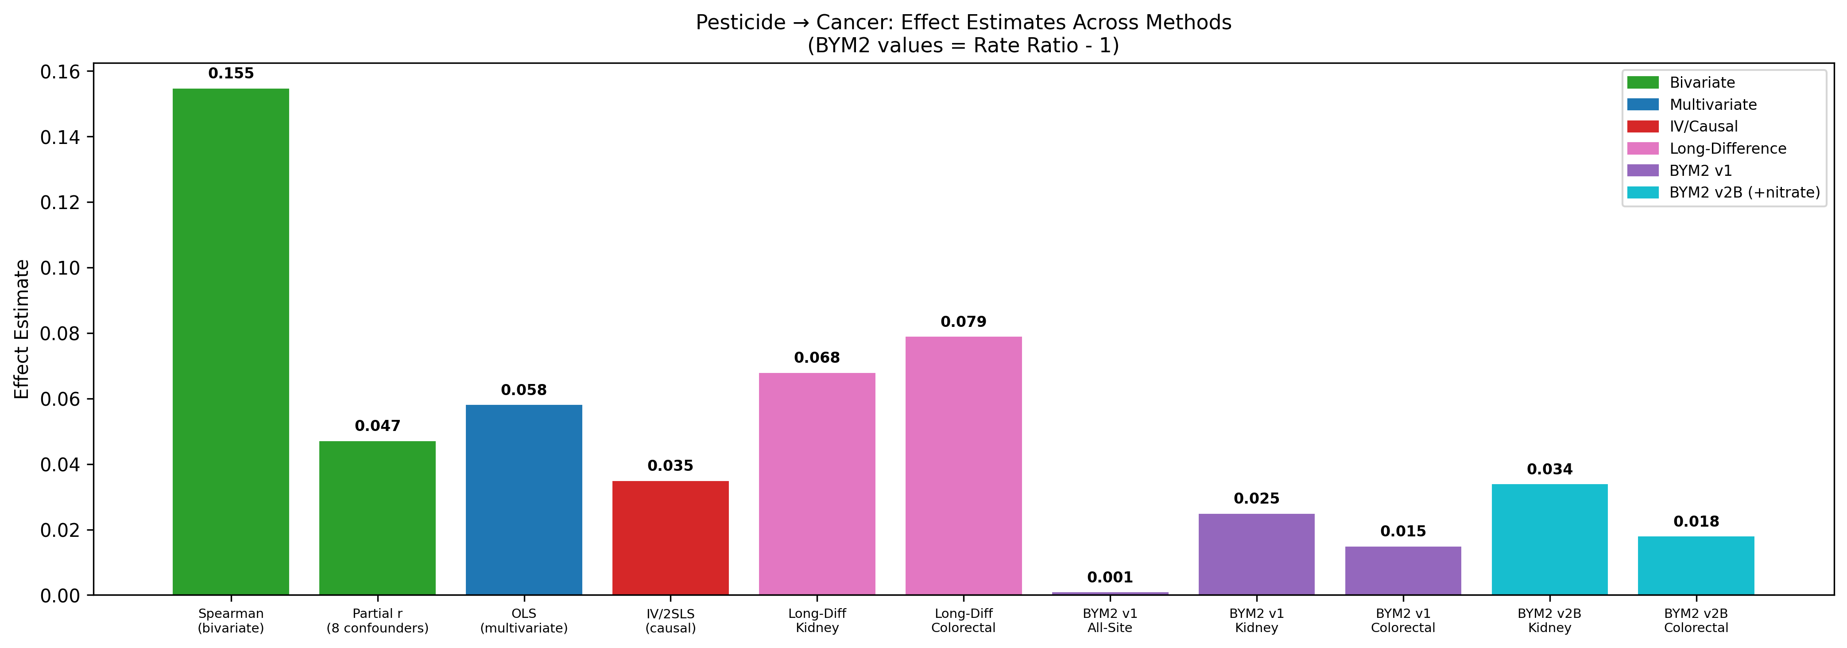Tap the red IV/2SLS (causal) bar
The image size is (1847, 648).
(670, 538)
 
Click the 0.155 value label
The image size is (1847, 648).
(231, 73)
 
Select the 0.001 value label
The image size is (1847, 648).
(1109, 577)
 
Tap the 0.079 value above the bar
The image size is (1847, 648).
(963, 322)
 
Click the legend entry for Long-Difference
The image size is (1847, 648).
(1727, 148)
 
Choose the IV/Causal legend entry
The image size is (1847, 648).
(1703, 126)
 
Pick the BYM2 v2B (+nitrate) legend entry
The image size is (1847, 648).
(1744, 192)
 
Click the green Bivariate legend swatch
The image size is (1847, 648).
(1643, 82)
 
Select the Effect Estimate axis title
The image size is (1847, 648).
(22, 329)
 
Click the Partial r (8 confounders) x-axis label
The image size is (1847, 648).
(377, 621)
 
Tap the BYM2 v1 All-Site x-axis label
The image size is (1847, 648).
(1109, 621)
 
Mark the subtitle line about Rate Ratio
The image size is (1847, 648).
(963, 46)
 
